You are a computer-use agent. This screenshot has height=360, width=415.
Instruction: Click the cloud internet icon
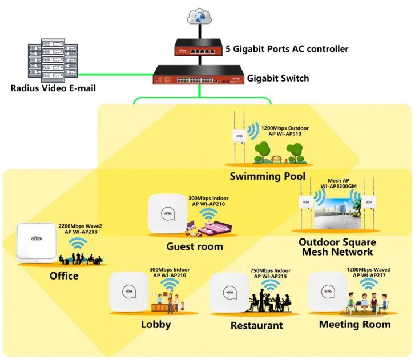click(199, 17)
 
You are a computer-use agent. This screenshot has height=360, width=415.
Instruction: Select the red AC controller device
click(199, 48)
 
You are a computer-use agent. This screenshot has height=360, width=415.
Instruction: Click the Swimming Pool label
click(267, 176)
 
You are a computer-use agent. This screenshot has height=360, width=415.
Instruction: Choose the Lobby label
click(156, 325)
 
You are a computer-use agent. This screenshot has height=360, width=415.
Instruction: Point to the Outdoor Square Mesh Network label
click(336, 246)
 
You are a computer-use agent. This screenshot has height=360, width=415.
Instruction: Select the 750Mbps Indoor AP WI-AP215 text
click(270, 274)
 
